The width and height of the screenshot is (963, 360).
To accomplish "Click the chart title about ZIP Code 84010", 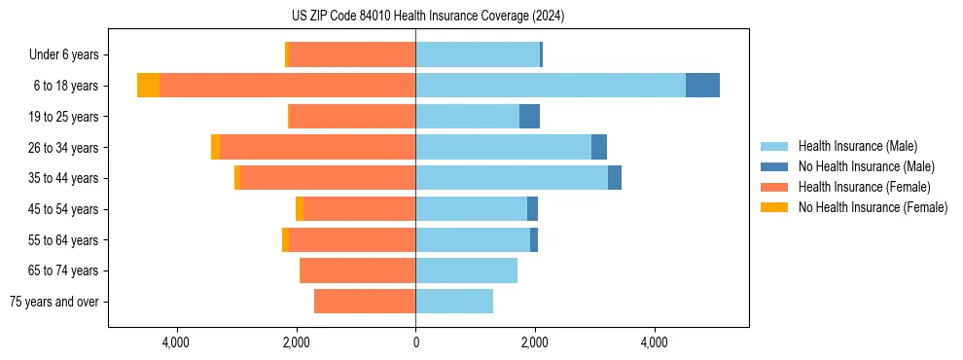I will click(427, 17).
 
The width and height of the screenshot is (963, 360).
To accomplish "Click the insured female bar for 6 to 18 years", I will click(287, 86).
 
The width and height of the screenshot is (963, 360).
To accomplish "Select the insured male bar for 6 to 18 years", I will click(550, 86).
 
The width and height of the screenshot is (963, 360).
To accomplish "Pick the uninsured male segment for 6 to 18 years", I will click(702, 86).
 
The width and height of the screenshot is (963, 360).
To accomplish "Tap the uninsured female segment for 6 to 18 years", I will click(148, 86).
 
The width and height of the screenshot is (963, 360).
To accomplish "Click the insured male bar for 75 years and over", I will click(454, 302).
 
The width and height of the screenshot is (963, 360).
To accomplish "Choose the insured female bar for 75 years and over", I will click(365, 302).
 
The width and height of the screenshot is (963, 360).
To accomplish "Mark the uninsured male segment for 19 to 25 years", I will click(529, 117).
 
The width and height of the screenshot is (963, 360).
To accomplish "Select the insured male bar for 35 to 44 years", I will click(512, 178).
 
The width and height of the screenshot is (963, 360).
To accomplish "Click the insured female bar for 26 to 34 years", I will click(317, 147).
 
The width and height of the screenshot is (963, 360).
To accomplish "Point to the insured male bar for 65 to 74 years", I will click(466, 270).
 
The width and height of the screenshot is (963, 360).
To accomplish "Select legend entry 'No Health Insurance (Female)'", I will click(873, 207).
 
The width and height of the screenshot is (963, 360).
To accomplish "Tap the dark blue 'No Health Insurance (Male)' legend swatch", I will click(774, 166).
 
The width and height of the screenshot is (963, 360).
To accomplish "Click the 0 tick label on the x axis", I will click(415, 342).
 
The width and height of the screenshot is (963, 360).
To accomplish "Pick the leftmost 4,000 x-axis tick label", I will click(176, 342).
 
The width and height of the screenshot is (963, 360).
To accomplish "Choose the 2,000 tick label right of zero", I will click(535, 342).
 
